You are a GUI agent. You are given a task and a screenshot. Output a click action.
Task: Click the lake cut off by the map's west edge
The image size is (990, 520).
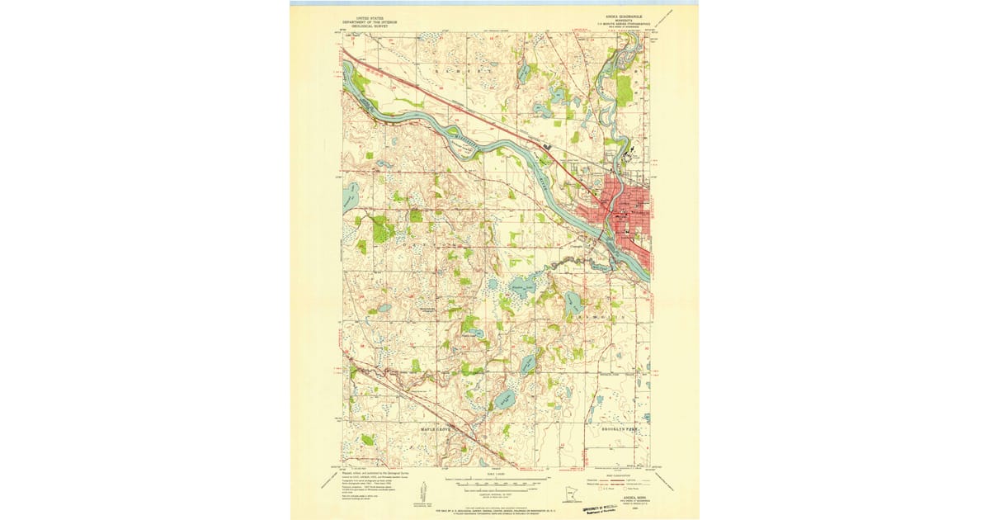(350, 197)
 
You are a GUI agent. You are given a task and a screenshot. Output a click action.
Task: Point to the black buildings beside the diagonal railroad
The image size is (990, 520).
(546, 147)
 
